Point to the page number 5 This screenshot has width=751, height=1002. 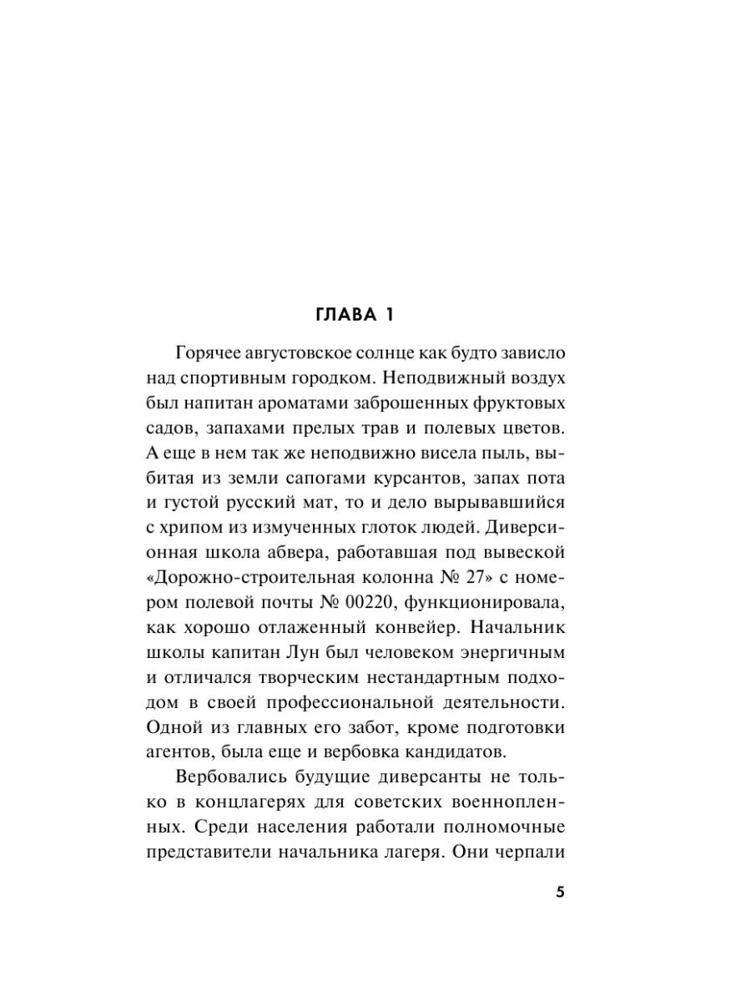pyautogui.click(x=560, y=892)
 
